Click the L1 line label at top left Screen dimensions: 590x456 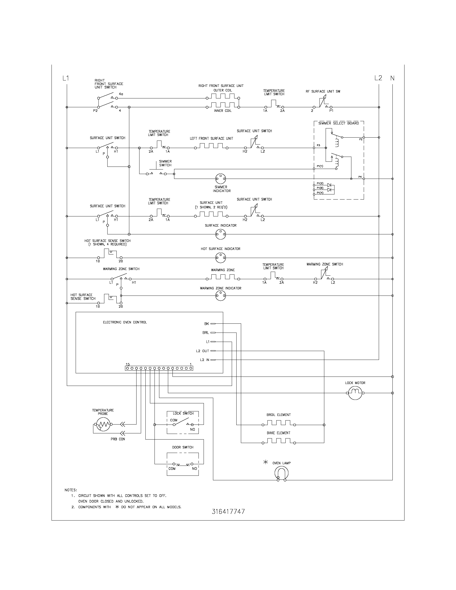[66, 78]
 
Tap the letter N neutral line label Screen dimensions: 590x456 [392, 78]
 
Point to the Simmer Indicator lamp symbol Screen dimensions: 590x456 [220, 179]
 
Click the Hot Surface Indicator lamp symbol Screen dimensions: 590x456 [220, 258]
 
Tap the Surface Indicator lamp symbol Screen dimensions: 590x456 [220, 234]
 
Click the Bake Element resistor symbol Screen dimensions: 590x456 [278, 441]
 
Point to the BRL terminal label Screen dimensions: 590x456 [205, 333]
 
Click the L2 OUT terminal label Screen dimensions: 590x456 [203, 351]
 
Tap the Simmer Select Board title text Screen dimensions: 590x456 [339, 123]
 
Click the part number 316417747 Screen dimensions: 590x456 [228, 512]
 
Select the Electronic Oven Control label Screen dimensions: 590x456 [125, 322]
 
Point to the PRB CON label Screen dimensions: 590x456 [118, 439]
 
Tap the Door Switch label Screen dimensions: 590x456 [183, 447]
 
